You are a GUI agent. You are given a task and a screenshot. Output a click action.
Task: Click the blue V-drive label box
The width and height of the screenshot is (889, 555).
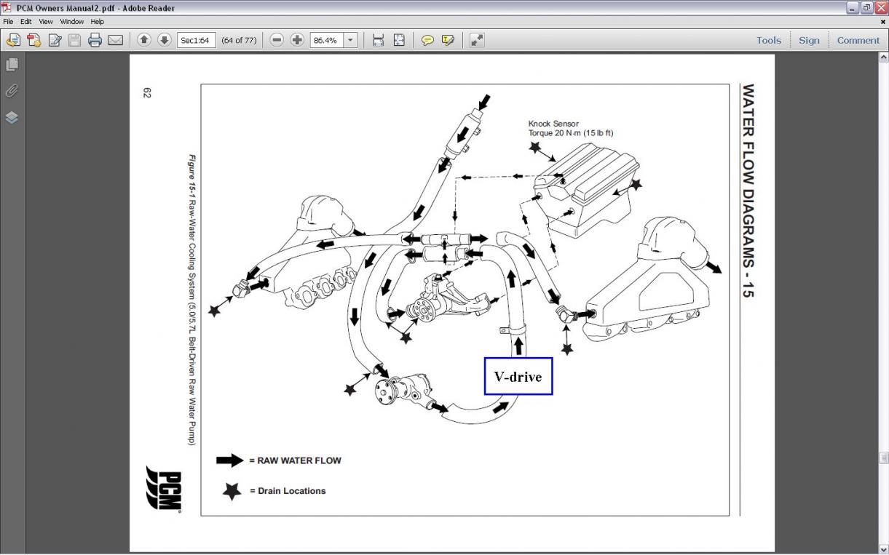[x=518, y=376]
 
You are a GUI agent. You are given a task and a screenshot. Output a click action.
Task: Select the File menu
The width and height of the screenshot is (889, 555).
[x=8, y=22]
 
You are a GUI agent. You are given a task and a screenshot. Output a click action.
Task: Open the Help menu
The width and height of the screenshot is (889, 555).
[x=97, y=22]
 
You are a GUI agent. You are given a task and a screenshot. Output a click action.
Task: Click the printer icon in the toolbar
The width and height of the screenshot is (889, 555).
[x=95, y=41]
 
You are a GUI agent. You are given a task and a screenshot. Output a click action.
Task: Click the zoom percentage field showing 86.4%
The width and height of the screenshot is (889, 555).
[x=325, y=41]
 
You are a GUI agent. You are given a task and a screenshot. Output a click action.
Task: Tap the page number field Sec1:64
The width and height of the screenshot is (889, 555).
[x=196, y=41]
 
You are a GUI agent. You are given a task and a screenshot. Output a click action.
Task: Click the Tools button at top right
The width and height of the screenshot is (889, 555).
[x=768, y=41]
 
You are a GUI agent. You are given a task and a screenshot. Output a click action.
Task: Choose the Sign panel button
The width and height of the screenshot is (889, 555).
[x=809, y=41]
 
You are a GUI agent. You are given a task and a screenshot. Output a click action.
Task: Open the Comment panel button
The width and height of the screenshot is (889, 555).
[x=858, y=41]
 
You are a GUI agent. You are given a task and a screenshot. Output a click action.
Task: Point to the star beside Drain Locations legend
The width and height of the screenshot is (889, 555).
[x=232, y=491]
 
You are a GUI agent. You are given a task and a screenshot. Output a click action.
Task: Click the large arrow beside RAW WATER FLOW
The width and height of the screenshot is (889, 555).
[x=229, y=460]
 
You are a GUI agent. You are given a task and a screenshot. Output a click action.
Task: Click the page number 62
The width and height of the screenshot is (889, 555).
[x=147, y=93]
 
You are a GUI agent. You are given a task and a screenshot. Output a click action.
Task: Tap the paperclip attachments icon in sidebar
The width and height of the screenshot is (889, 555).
[x=12, y=91]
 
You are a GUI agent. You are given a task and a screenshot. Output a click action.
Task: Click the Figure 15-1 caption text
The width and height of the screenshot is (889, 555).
[x=192, y=299]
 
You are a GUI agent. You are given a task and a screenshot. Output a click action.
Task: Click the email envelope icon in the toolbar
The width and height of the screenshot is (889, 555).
[x=115, y=41]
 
